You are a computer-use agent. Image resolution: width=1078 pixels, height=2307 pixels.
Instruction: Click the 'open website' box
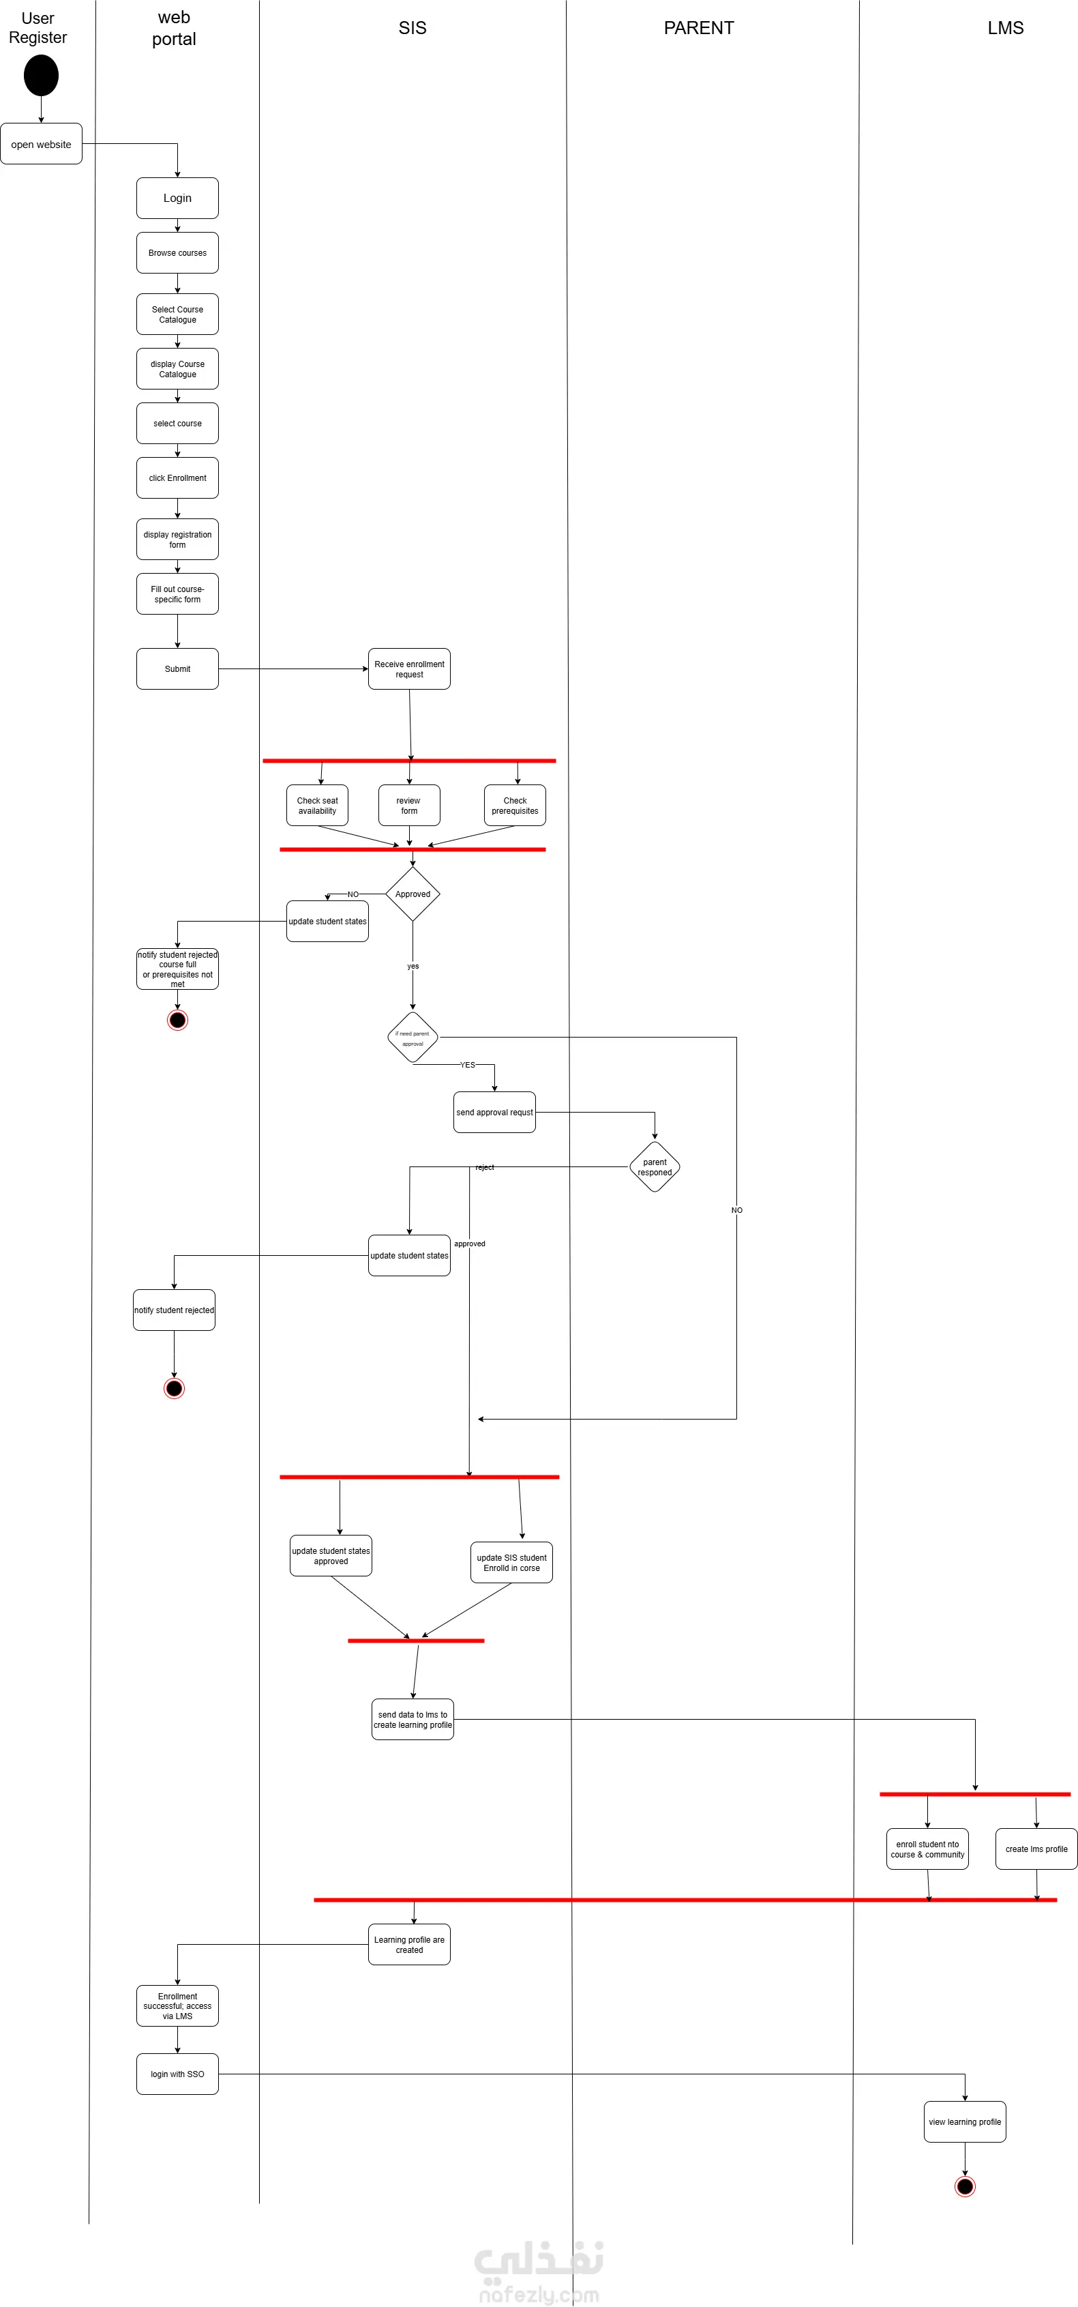41,144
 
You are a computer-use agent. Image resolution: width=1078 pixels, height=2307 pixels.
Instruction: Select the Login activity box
177,198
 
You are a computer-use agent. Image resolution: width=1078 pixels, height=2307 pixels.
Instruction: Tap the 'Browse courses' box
177,252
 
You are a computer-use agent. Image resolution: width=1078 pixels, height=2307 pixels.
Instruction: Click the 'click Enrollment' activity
177,478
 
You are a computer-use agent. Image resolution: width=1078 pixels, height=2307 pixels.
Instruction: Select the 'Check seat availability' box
317,805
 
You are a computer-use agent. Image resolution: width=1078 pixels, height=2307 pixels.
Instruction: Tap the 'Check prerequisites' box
515,805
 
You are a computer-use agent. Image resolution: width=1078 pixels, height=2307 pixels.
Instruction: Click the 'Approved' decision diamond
413,894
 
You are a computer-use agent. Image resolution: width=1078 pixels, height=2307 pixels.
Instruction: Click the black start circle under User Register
41,75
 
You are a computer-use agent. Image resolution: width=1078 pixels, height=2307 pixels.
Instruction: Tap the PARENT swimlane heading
698,28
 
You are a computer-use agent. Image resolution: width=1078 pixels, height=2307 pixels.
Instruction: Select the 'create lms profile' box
1036,1849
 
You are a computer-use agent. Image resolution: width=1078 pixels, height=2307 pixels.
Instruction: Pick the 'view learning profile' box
964,2121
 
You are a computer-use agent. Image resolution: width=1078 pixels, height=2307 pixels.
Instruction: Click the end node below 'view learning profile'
964,2186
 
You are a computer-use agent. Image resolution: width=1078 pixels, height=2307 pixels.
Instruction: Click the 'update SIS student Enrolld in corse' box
511,1563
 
